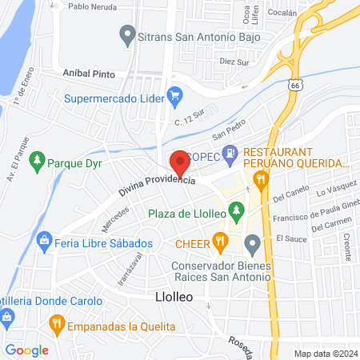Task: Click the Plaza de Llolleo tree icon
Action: click(235, 212)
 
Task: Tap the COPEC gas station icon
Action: click(230, 151)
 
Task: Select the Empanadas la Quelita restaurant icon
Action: click(56, 323)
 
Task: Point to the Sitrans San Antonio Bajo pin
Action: click(126, 34)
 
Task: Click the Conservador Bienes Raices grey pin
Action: click(253, 242)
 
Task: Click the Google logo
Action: click(27, 350)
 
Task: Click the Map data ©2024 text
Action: click(325, 353)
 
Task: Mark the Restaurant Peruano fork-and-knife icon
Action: click(259, 179)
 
